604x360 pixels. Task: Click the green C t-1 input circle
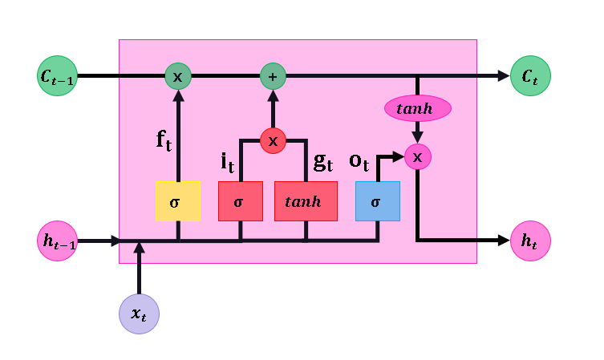coord(57,76)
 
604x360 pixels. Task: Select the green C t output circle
coord(530,76)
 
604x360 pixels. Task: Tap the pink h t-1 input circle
coord(57,241)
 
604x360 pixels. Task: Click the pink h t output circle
coord(530,241)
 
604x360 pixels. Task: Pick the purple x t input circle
coord(139,313)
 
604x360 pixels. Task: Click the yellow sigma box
coord(177,201)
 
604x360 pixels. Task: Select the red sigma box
coord(240,201)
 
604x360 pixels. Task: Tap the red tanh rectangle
coord(306,201)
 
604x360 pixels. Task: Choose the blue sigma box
coord(377,201)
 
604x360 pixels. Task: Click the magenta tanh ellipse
coord(417,108)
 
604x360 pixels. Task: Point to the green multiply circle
coord(178,76)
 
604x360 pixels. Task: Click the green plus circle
coord(273,76)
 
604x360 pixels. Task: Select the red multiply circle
coord(273,140)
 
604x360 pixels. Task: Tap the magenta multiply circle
coord(417,156)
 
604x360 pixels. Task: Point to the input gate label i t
coord(228,162)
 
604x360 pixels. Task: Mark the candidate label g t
coord(323,161)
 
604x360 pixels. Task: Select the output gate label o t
coord(359,161)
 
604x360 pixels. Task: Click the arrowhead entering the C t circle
coord(504,76)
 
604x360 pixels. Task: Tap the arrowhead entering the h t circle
coord(504,241)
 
